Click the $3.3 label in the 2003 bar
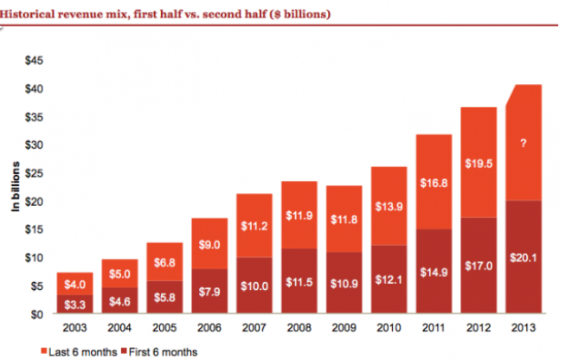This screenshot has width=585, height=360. point(76,305)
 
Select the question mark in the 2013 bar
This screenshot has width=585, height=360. point(522,145)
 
